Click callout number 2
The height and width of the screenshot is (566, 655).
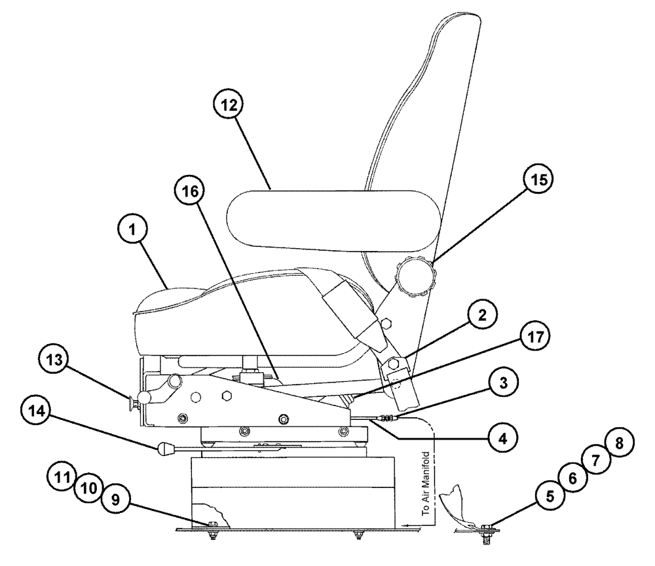point(481,316)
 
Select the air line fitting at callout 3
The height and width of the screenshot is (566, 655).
point(386,417)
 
